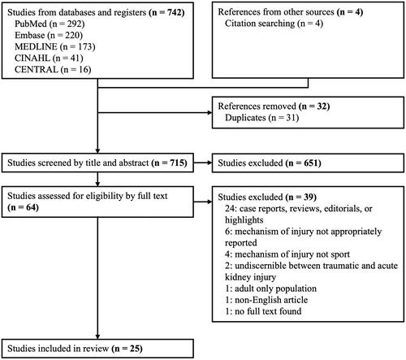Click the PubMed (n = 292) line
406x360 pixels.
tap(50, 24)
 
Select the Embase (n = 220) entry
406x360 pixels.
tap(49, 35)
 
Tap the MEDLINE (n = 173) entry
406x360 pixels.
tap(55, 46)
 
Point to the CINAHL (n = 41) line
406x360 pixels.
tap(49, 58)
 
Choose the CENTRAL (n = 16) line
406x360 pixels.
tap(53, 70)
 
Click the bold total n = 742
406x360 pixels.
tap(166, 12)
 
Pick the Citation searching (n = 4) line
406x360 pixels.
tap(274, 24)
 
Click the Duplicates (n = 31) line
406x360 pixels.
tap(261, 118)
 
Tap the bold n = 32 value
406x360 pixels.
tap(314, 106)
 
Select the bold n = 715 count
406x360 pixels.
tap(170, 163)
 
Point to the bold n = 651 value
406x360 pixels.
tap(304, 163)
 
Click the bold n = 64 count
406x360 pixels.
tap(24, 207)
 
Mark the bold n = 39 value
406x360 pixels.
tap(301, 197)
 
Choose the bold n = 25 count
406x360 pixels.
tap(127, 349)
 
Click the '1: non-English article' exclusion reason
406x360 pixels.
tap(266, 300)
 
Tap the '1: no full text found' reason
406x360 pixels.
tap(263, 311)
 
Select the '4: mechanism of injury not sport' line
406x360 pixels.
tap(287, 254)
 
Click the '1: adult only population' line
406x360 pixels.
tap(270, 288)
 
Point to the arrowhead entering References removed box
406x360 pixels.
tap(209, 113)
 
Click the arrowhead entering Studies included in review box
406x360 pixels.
tap(97, 336)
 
